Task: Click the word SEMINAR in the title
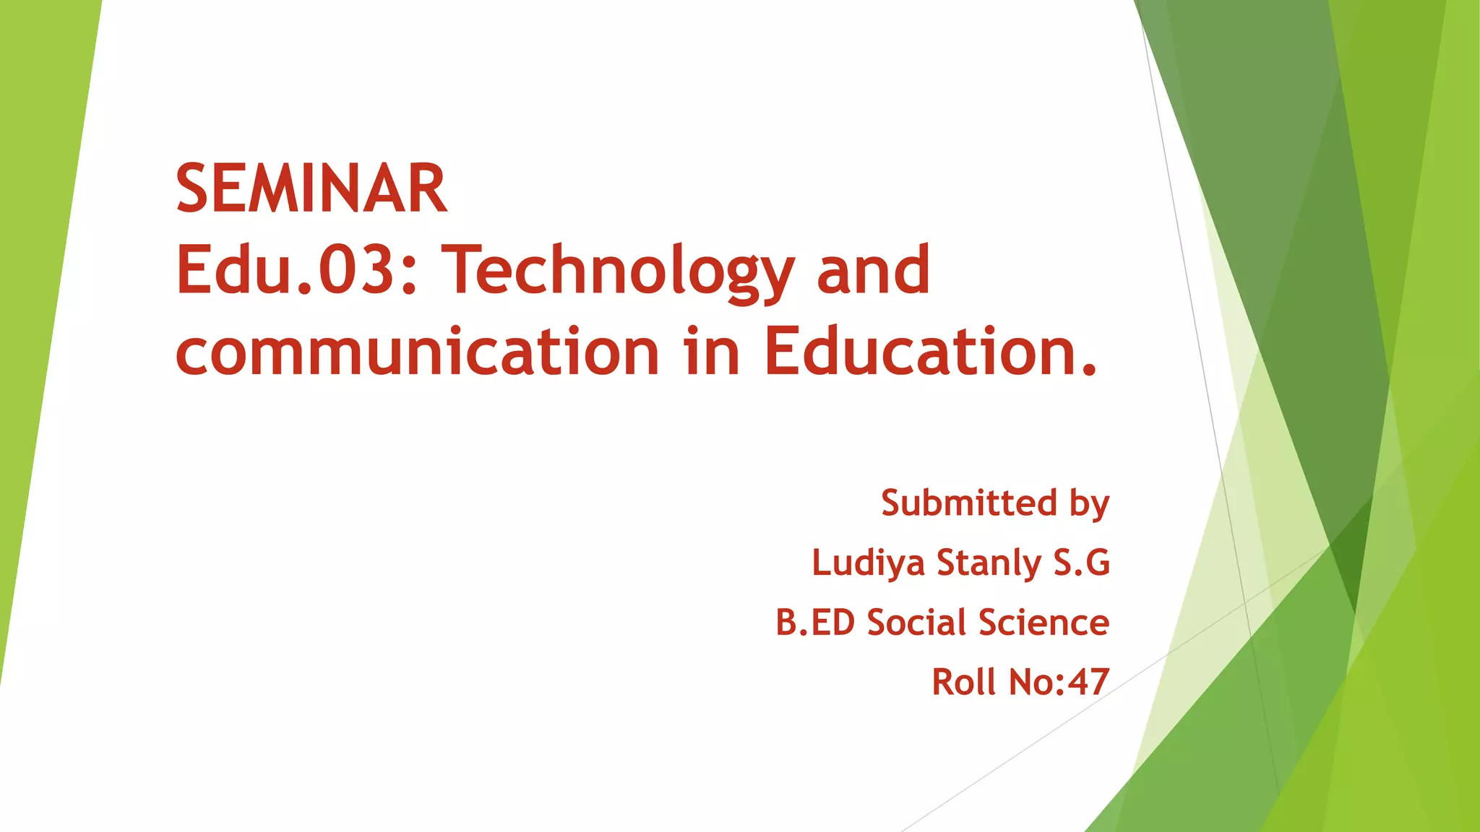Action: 311,188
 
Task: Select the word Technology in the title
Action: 618,272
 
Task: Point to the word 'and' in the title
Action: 873,270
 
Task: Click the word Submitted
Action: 969,503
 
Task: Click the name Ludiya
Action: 868,563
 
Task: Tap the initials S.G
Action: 1081,563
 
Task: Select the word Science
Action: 1044,623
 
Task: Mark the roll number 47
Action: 1088,682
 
